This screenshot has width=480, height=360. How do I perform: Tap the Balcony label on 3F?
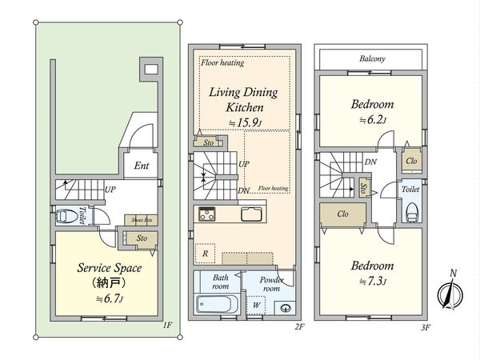372,58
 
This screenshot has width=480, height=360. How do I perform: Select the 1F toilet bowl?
66,216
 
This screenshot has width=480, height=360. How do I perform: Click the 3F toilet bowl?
412,211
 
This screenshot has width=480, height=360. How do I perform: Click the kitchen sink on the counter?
251,214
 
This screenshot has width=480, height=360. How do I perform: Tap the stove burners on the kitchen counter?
207,214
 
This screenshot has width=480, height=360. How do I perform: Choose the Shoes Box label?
142,220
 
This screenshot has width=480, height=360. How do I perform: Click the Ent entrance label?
141,166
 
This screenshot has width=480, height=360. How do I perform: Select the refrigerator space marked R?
205,254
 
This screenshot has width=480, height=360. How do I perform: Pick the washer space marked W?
256,305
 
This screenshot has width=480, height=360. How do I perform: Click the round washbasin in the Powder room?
286,308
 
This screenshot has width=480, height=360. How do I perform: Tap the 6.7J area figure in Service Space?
110,298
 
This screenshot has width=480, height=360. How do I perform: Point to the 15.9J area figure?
246,122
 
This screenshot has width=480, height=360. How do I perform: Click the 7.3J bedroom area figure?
372,281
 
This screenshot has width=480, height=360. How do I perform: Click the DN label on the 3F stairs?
370,162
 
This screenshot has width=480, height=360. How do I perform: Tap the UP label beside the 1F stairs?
110,190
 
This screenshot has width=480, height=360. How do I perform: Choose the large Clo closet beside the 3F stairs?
343,214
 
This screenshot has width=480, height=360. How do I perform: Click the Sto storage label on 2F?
209,142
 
